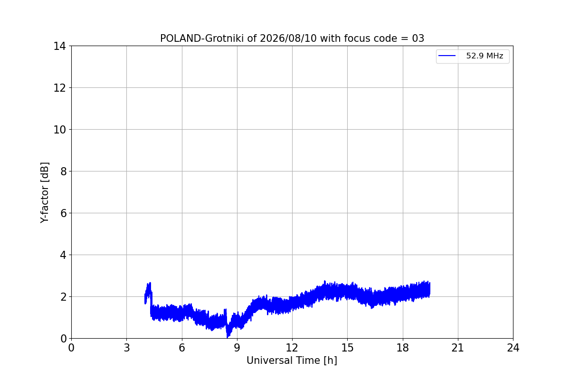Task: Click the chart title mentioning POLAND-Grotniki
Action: coord(292,38)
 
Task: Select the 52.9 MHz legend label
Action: coord(484,56)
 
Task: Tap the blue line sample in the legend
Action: coord(447,56)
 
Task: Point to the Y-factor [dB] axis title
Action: coord(45,193)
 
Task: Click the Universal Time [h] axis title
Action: coord(292,361)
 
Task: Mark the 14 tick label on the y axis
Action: coord(59,47)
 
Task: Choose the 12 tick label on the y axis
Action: coord(59,88)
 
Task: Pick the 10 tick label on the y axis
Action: coord(59,130)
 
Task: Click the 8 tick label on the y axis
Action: coord(63,171)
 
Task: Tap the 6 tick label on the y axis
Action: coord(63,213)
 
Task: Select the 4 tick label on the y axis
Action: coord(63,255)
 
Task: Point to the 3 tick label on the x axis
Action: coord(127,348)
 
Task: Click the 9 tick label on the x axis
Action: coord(237,348)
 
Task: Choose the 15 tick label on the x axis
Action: coord(348,348)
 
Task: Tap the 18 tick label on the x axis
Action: coord(403,348)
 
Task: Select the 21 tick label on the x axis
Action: coord(458,348)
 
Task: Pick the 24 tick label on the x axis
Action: coord(513,348)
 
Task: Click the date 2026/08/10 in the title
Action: coord(288,38)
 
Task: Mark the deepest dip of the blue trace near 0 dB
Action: coord(227,336)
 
